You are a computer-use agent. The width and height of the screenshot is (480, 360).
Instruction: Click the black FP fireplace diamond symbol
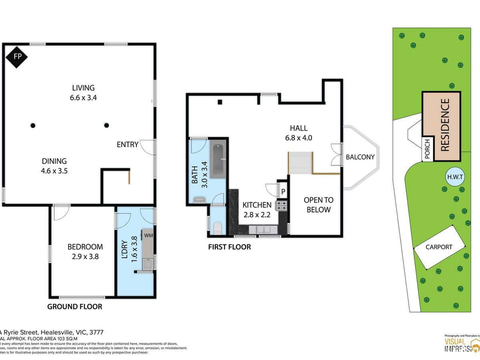point(17,56)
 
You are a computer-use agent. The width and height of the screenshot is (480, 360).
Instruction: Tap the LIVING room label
point(83,92)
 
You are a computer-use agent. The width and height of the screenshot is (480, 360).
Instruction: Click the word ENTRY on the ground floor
point(127,145)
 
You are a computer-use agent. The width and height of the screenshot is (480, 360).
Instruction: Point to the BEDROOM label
point(85,252)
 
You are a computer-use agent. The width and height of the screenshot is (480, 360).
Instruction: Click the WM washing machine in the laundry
point(148,235)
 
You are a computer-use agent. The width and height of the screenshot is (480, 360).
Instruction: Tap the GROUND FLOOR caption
point(75,307)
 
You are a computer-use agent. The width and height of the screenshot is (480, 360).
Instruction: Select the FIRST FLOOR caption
point(229,247)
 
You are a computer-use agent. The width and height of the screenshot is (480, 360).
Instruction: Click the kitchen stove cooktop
point(281,206)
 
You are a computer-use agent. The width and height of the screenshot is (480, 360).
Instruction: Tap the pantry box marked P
point(283,192)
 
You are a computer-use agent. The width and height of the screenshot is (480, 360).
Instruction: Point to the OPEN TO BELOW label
point(318,205)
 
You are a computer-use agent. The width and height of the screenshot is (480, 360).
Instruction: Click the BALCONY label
point(360,157)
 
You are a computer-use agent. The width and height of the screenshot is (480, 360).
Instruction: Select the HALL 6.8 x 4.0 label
point(299,133)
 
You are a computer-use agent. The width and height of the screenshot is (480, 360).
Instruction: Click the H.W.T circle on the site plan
point(455,177)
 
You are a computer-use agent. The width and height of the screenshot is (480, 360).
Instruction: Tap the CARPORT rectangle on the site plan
point(439,247)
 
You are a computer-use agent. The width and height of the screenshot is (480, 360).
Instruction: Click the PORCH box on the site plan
point(427,149)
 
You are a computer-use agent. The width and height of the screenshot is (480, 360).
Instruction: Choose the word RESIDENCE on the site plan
point(445,125)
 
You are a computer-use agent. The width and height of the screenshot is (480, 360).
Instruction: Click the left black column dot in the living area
point(33,126)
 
